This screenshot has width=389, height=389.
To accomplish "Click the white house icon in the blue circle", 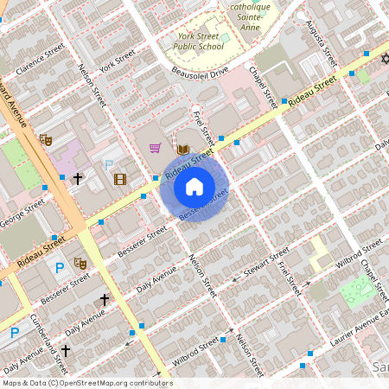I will tap(194, 187).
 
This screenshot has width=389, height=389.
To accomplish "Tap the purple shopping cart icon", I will tap(156, 148).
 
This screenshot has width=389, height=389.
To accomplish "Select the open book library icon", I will tap(183, 150).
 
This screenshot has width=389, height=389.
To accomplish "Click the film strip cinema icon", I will tap(119, 179).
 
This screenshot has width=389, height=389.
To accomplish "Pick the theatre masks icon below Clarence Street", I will tap(46, 139).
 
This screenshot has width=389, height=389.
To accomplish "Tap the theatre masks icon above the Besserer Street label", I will tap(80, 263).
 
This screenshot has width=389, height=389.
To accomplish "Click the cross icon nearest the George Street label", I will tap(77, 179).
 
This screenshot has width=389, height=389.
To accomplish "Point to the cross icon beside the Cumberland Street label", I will tap(64, 328).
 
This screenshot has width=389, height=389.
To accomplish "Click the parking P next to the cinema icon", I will tap(109, 165).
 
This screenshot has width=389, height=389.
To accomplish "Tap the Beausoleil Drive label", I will tap(199, 70).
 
